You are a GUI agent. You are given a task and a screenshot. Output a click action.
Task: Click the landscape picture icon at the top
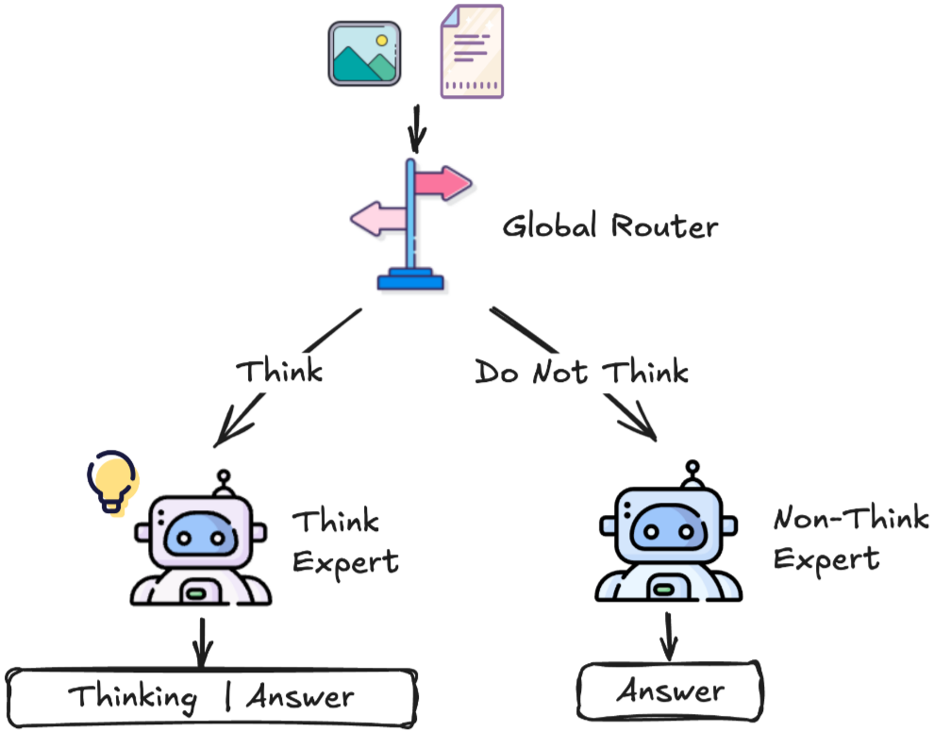[x=364, y=56]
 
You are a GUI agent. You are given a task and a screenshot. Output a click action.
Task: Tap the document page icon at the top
[x=472, y=51]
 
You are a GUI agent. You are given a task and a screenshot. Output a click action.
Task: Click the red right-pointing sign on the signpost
[x=442, y=181]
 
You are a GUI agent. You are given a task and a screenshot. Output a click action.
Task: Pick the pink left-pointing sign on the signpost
[x=379, y=219]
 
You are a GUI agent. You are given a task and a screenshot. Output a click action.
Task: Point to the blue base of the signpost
[x=410, y=279]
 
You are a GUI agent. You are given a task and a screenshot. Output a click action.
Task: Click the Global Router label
[x=609, y=227]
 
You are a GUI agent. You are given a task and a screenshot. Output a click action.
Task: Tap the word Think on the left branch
[x=279, y=371]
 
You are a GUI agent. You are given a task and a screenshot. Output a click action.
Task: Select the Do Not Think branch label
[x=581, y=373]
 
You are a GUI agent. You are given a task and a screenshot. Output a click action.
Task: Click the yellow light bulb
[x=112, y=481]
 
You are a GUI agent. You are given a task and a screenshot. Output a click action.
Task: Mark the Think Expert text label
[x=344, y=542]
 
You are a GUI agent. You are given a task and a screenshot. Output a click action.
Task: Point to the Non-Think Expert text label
[x=849, y=539]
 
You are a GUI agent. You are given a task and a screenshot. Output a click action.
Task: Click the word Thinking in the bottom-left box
[x=133, y=699]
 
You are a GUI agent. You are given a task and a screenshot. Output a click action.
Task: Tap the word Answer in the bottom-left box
[x=300, y=698]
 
